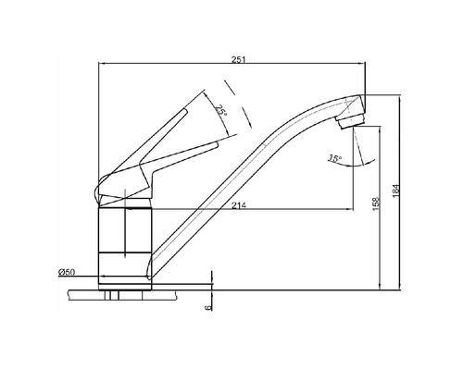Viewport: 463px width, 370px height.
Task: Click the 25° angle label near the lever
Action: pyautogui.click(x=219, y=111)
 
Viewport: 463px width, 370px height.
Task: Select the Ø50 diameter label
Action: pyautogui.click(x=66, y=272)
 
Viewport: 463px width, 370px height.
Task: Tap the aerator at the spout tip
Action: pyautogui.click(x=349, y=117)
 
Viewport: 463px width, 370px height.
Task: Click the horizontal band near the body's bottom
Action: pyautogui.click(x=124, y=252)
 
